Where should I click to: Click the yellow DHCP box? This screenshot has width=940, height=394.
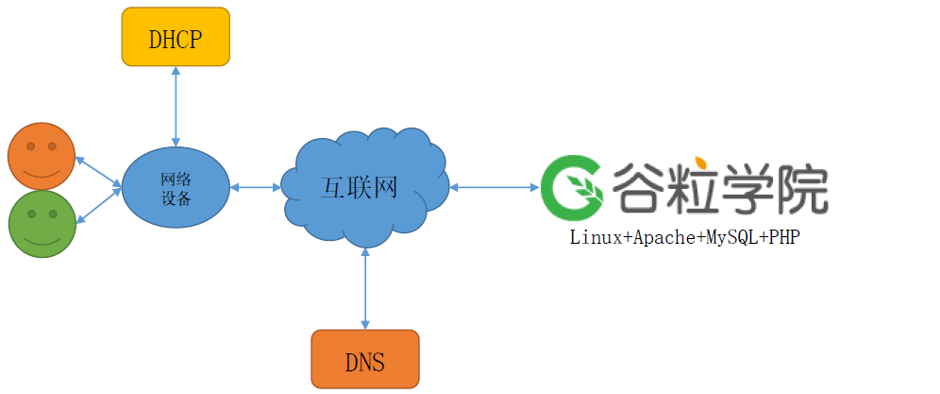click(176, 37)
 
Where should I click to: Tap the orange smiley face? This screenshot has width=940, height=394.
click(41, 155)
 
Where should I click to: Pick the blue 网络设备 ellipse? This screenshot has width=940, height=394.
click(176, 187)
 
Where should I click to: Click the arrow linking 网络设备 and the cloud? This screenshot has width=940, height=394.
click(256, 187)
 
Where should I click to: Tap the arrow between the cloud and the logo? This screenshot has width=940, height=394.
click(493, 187)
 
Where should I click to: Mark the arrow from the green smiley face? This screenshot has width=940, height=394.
click(98, 206)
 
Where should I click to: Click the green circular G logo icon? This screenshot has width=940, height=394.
click(572, 186)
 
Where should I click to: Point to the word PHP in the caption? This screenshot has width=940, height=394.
click(784, 238)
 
